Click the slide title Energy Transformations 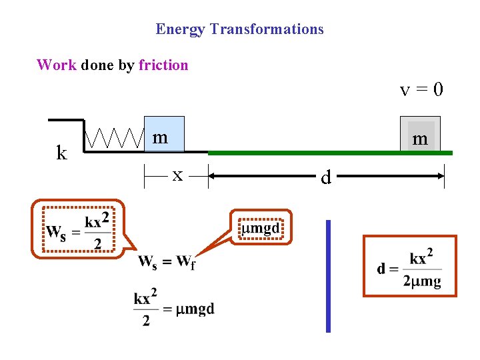click(239, 29)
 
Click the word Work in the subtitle click(57, 65)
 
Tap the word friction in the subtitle click(163, 65)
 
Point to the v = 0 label click(421, 89)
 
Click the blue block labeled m click(163, 134)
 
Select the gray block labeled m click(421, 135)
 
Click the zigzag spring click(115, 139)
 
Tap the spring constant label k click(62, 153)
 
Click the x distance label click(177, 175)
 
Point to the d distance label click(325, 177)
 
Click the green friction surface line click(330, 153)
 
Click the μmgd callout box click(260, 228)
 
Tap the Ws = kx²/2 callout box click(78, 228)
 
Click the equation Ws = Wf click(167, 261)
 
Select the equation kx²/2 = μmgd click(173, 309)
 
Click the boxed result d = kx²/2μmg click(409, 265)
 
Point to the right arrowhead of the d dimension click(441, 175)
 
